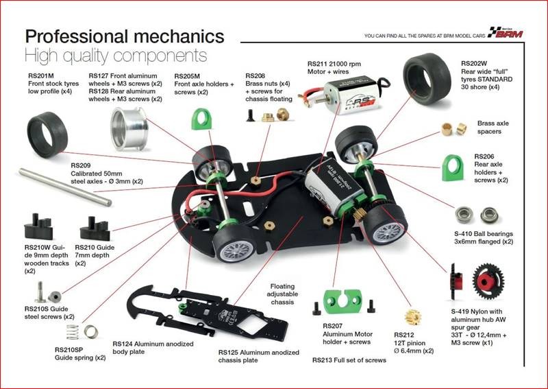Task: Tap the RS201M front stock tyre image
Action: pos(47,132)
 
